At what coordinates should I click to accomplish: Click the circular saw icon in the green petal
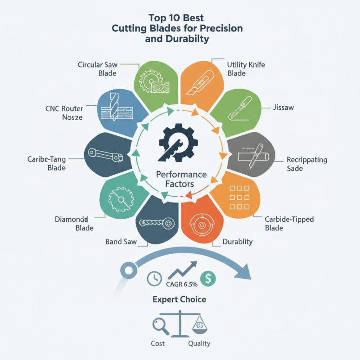tap(154, 81)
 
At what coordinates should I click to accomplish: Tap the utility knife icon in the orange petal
tap(200, 82)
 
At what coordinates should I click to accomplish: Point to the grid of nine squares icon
tap(239, 198)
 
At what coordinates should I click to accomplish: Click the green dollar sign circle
tap(208, 279)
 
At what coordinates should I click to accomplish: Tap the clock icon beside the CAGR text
tap(154, 279)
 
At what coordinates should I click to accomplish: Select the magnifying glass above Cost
tap(161, 326)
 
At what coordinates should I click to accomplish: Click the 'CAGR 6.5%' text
tap(182, 284)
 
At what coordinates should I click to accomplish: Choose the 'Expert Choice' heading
tap(179, 299)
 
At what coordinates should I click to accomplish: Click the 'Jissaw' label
tap(283, 108)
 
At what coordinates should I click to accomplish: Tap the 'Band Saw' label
tap(121, 242)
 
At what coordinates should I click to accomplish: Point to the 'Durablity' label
tap(238, 242)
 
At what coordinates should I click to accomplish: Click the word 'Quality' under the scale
tap(199, 343)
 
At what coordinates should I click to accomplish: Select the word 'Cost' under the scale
tap(158, 343)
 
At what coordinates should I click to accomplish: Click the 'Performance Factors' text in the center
tap(181, 179)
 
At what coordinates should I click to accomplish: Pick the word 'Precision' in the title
tap(221, 28)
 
